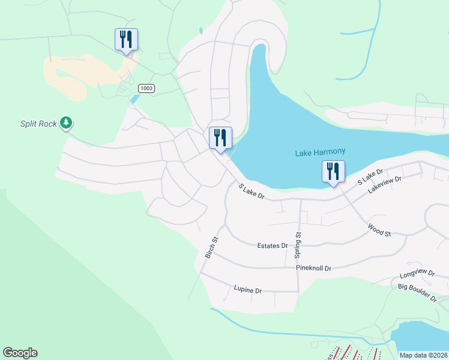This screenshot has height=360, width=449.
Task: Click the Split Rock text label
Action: coord(38,124)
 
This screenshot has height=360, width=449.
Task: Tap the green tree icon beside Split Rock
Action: coord(66,124)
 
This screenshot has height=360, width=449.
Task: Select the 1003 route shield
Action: coord(146,88)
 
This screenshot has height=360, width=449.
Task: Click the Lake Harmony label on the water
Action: coord(320,153)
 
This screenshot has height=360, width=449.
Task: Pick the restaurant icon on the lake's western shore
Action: coord(220,138)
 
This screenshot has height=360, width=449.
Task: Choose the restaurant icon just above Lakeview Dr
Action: coord(333,172)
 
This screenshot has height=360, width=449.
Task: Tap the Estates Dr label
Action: coord(273,245)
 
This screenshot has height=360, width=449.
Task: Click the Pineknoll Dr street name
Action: coord(313,268)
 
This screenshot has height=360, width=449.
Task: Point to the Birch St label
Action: coord(212,247)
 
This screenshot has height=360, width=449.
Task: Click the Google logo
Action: coord(20,353)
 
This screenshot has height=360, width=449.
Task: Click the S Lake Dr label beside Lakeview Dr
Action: coord(370,177)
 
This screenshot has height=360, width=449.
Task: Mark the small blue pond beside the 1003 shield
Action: coord(134,99)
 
